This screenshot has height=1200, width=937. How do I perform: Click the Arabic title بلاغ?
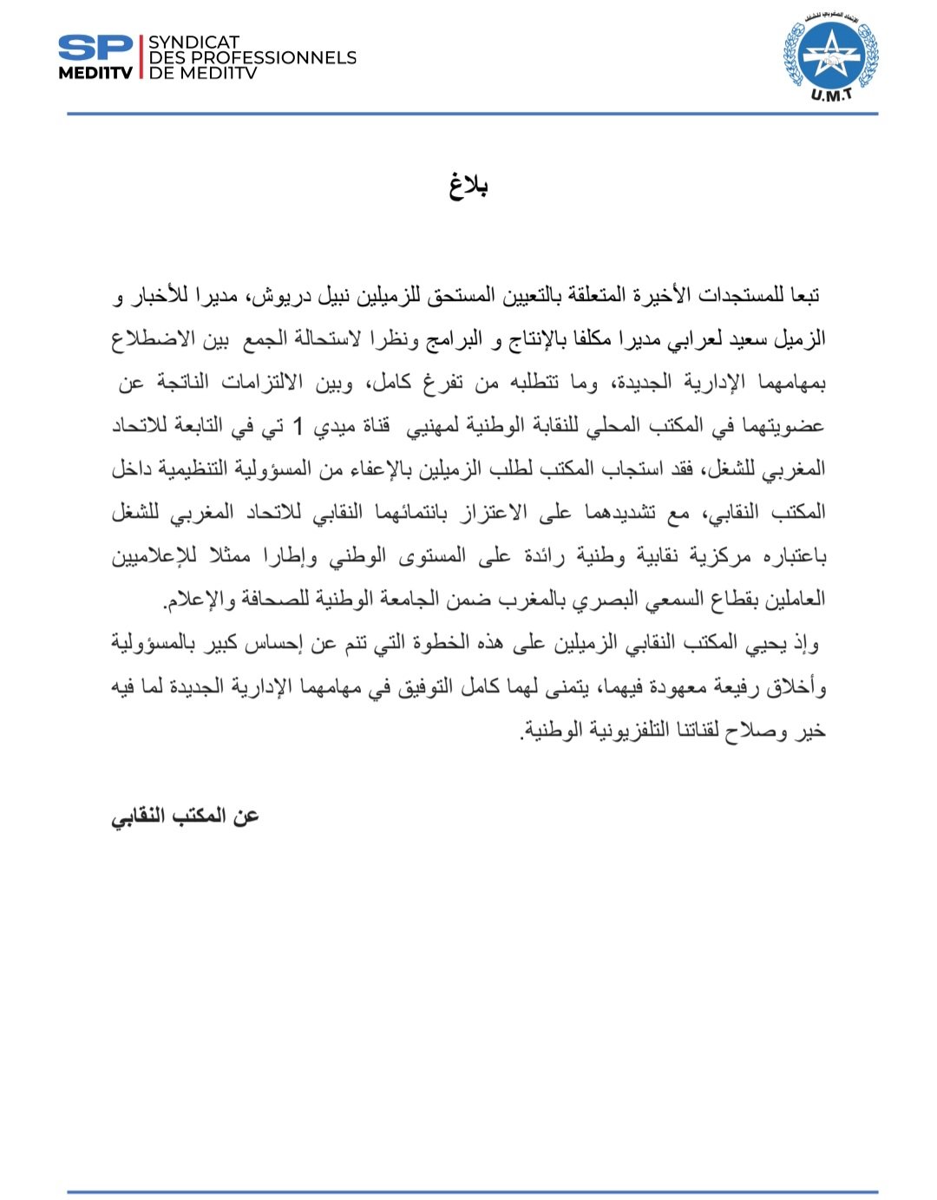pos(468,186)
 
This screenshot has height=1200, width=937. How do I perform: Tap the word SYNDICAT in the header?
pos(193,43)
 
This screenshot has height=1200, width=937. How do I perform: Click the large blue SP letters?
pos(95,49)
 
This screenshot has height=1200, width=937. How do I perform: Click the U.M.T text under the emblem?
pos(831,95)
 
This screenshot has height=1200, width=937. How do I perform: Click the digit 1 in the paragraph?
pos(299,426)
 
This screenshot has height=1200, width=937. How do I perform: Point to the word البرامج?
pos(451,338)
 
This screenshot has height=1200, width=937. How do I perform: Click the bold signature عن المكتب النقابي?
pos(185,816)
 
